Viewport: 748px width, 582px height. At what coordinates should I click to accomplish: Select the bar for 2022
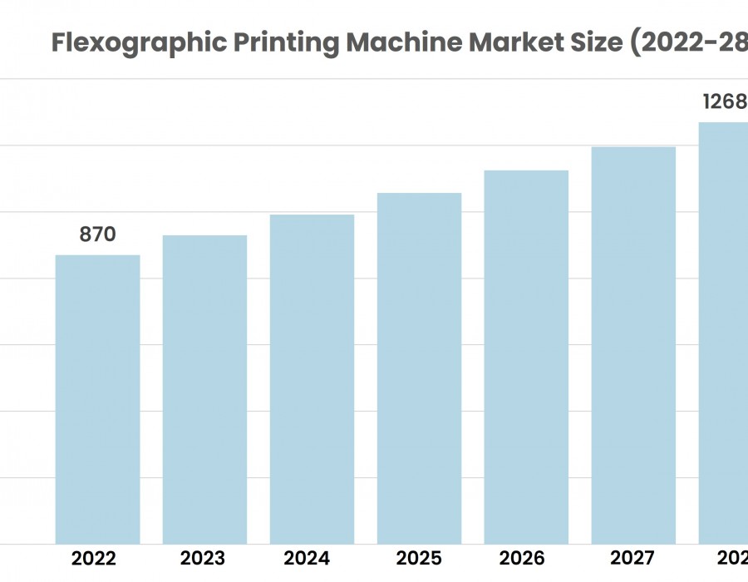[97, 399]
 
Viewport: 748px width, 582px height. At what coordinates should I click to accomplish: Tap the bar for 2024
[312, 379]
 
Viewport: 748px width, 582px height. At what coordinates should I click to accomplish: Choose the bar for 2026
[526, 357]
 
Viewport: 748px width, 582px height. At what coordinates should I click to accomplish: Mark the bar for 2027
[633, 345]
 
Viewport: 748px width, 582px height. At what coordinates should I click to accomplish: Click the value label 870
[97, 235]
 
